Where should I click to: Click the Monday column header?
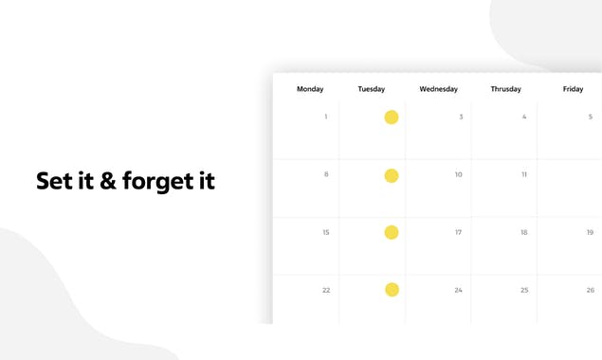pos(310,89)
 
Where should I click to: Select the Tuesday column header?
pos(372,89)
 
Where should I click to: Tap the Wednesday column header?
pos(438,89)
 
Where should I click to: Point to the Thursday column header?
pos(505,89)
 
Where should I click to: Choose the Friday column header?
pos(573,89)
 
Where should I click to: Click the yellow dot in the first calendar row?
pos(392,117)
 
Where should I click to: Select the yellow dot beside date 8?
pos(392,175)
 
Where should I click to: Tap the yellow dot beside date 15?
pos(392,232)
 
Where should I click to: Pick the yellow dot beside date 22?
pos(392,290)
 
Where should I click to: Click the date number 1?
pos(326,117)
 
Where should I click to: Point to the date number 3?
pos(461,117)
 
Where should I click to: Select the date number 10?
pos(459,175)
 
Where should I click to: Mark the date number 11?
pos(524,175)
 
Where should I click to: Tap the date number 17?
pos(459,232)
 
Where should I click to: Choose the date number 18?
pos(524,232)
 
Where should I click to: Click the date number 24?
pos(459,290)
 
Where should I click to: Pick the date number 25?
pos(524,290)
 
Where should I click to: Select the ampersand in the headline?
pos(108,181)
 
